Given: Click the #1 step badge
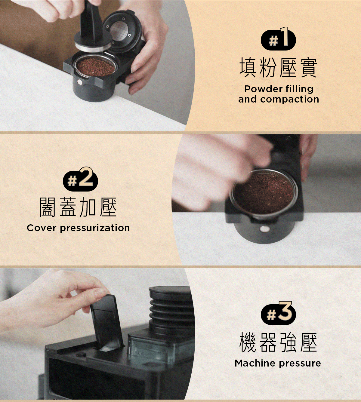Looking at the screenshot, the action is (x=278, y=39).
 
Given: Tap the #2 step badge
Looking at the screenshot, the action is (x=80, y=179).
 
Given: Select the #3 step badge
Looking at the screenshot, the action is (x=278, y=313).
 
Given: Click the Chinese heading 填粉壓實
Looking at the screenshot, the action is (x=278, y=68).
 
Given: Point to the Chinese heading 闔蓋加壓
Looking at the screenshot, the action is (x=78, y=207).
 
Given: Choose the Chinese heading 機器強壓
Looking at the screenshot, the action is (x=278, y=342).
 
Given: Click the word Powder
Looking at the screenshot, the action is (x=262, y=89).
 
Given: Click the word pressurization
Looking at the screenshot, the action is (x=95, y=228).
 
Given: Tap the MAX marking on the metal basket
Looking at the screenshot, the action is (x=274, y=174).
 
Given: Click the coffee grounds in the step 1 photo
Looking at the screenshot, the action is (x=96, y=67).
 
